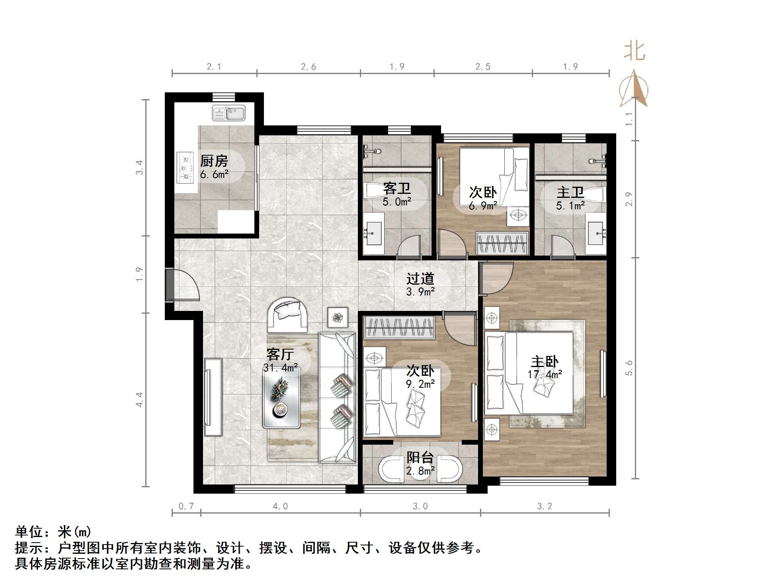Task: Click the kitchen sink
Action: tap(229, 113)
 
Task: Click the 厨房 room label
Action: tap(214, 161)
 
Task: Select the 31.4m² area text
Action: tap(281, 368)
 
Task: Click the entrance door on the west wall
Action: tap(182, 285)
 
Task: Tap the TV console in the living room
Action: tap(213, 397)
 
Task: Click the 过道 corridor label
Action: tap(420, 279)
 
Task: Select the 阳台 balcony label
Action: tap(420, 457)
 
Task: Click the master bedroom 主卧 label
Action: tap(545, 361)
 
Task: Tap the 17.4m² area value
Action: tap(545, 374)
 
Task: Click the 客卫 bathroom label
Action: tap(396, 189)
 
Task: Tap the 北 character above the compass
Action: tap(634, 52)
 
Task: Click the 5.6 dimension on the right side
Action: tap(629, 368)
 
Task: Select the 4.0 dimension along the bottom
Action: tap(280, 506)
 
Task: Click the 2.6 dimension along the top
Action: tap(308, 66)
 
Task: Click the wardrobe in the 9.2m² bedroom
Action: tap(399, 327)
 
